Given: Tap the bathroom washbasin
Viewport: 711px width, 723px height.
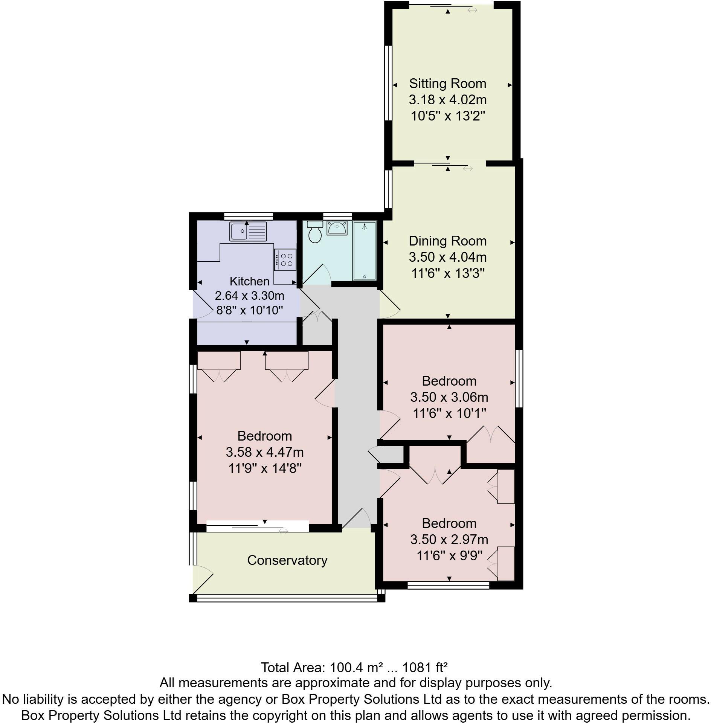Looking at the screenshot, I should tap(337, 228).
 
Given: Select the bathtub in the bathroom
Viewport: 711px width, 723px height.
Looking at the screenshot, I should tap(364, 251).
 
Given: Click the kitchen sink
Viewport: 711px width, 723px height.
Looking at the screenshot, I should tap(248, 231).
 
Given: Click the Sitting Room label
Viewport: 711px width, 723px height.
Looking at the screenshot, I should tap(447, 84).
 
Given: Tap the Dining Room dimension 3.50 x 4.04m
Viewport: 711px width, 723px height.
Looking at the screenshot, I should tap(447, 257).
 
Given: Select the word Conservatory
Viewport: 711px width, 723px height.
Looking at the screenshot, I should tap(287, 560).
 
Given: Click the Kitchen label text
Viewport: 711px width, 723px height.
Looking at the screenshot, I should tap(249, 281).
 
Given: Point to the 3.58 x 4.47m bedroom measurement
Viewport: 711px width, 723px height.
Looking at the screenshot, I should tap(264, 452).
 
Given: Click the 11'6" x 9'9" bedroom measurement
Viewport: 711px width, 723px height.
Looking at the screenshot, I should tap(449, 555).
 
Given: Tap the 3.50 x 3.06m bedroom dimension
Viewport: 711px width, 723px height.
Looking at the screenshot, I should tap(449, 397).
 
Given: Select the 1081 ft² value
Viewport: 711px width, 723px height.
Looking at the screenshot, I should tap(425, 668).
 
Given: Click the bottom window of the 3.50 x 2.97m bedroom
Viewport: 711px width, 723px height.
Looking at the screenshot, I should tap(448, 585).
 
